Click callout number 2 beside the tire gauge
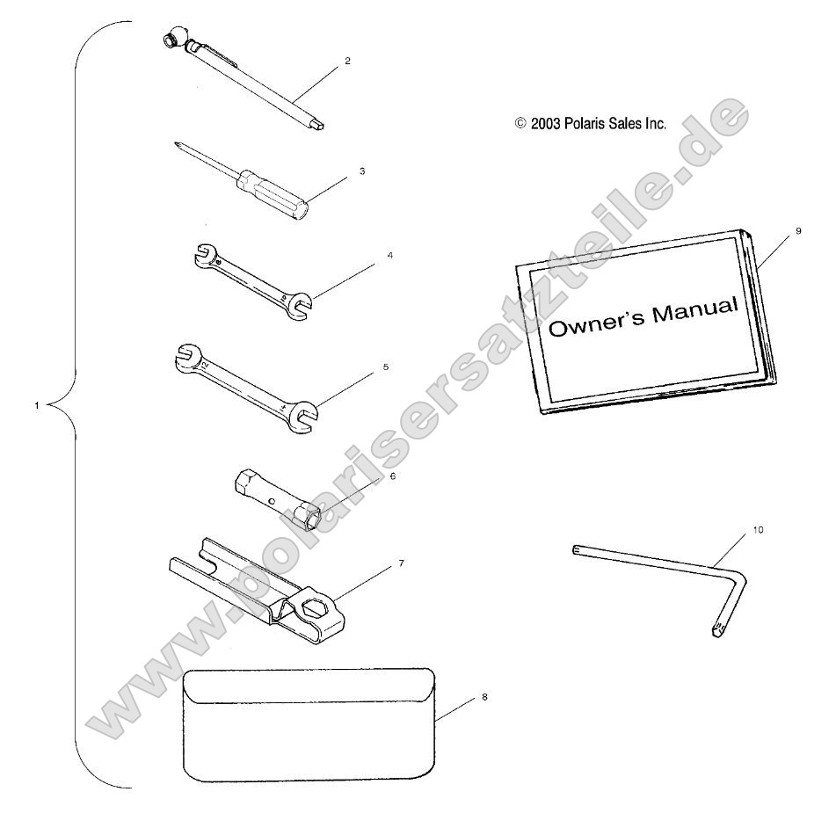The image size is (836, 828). [347, 61]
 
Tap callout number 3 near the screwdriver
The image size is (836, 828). [362, 171]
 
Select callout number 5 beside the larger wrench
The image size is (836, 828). [386, 367]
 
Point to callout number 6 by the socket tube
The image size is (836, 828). [393, 476]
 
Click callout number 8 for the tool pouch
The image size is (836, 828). [484, 697]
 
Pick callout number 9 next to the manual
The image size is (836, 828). [799, 231]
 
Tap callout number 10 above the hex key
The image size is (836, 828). [758, 529]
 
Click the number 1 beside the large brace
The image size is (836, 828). [37, 405]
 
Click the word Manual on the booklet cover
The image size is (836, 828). [694, 311]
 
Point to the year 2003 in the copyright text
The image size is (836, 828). [545, 124]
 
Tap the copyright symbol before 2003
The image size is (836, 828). [520, 124]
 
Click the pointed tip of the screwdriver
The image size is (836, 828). [176, 142]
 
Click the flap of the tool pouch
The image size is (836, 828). [309, 686]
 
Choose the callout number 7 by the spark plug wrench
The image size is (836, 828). [401, 563]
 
